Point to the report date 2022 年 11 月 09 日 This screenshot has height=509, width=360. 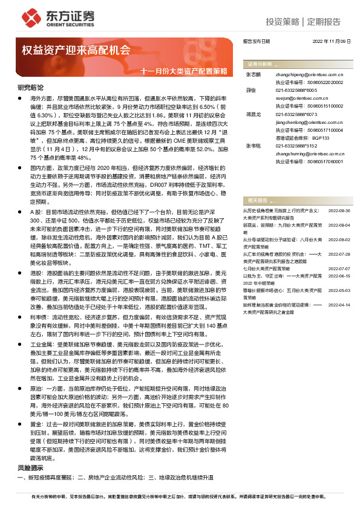[331, 41]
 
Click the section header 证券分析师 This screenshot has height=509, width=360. [258, 63]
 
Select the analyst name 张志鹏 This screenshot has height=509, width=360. [253, 74]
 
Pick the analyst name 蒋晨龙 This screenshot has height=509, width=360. [253, 114]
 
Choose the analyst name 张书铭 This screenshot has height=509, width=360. [253, 146]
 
